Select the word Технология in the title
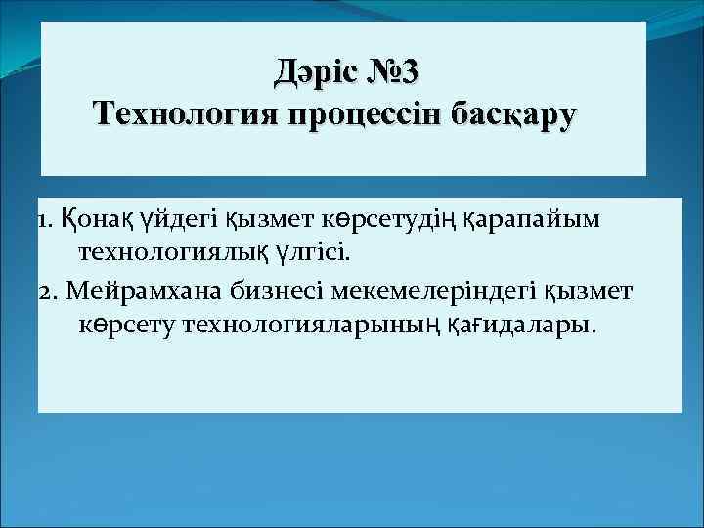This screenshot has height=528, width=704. click(184, 114)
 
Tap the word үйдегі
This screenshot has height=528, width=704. click(183, 219)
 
